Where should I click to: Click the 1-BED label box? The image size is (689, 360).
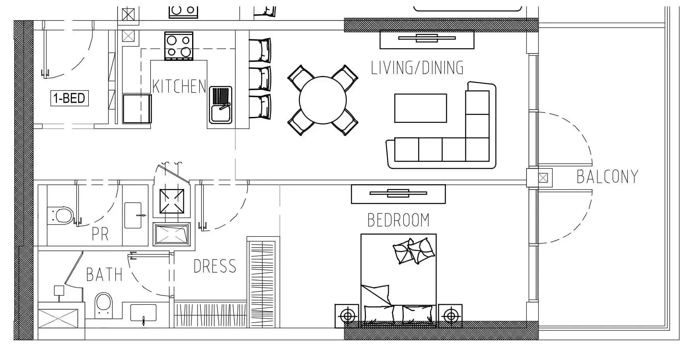70,98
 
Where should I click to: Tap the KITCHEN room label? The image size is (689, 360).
179,86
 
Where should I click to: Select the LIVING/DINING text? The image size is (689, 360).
417,68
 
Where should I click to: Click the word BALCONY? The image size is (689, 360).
607,177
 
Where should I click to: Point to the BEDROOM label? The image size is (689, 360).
398,220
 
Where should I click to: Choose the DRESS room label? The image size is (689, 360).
215,266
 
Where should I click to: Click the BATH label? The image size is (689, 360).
104,274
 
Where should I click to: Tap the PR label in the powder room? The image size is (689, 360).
100,234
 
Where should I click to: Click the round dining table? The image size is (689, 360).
323,100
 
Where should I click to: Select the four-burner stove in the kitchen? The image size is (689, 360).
179,46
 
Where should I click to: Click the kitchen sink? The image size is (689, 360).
221,105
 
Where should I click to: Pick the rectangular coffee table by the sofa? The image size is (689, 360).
420,108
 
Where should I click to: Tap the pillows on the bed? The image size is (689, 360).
414,251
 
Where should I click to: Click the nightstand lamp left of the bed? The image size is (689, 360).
348,316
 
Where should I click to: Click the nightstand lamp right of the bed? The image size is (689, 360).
450,316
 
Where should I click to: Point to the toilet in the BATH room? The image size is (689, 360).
104,306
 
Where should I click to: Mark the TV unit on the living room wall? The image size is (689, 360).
427,39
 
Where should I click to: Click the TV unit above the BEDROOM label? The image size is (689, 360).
398,194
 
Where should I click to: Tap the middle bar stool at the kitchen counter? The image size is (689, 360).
260,79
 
